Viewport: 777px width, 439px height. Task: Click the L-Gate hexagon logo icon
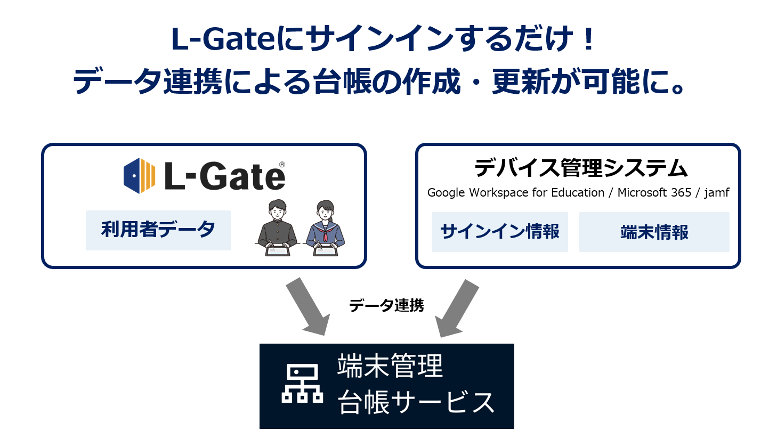(139, 175)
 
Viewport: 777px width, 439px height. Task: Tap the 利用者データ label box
(158, 230)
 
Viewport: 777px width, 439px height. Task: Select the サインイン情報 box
(499, 232)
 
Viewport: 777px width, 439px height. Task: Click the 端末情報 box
(654, 232)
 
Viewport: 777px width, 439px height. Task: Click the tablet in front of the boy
(278, 250)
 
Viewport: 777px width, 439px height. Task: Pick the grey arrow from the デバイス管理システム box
(457, 308)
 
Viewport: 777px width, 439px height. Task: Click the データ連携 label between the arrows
(386, 305)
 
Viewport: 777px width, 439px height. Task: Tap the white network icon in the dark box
(302, 384)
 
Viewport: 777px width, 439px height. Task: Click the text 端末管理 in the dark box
(390, 366)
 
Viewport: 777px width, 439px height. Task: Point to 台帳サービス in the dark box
(416, 402)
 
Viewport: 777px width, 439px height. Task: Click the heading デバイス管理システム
(581, 168)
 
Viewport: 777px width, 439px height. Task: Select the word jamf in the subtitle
(717, 193)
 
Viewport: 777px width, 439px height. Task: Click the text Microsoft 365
(654, 192)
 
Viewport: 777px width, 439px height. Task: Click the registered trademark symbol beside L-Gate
(282, 165)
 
